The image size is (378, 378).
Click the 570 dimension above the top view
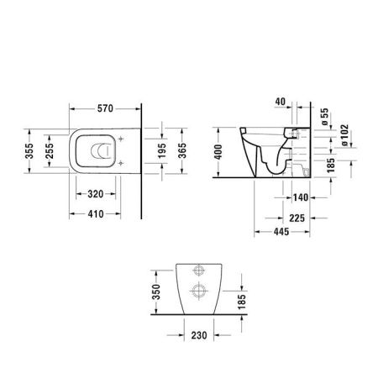point(104,109)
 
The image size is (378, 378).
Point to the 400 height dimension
point(220,151)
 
